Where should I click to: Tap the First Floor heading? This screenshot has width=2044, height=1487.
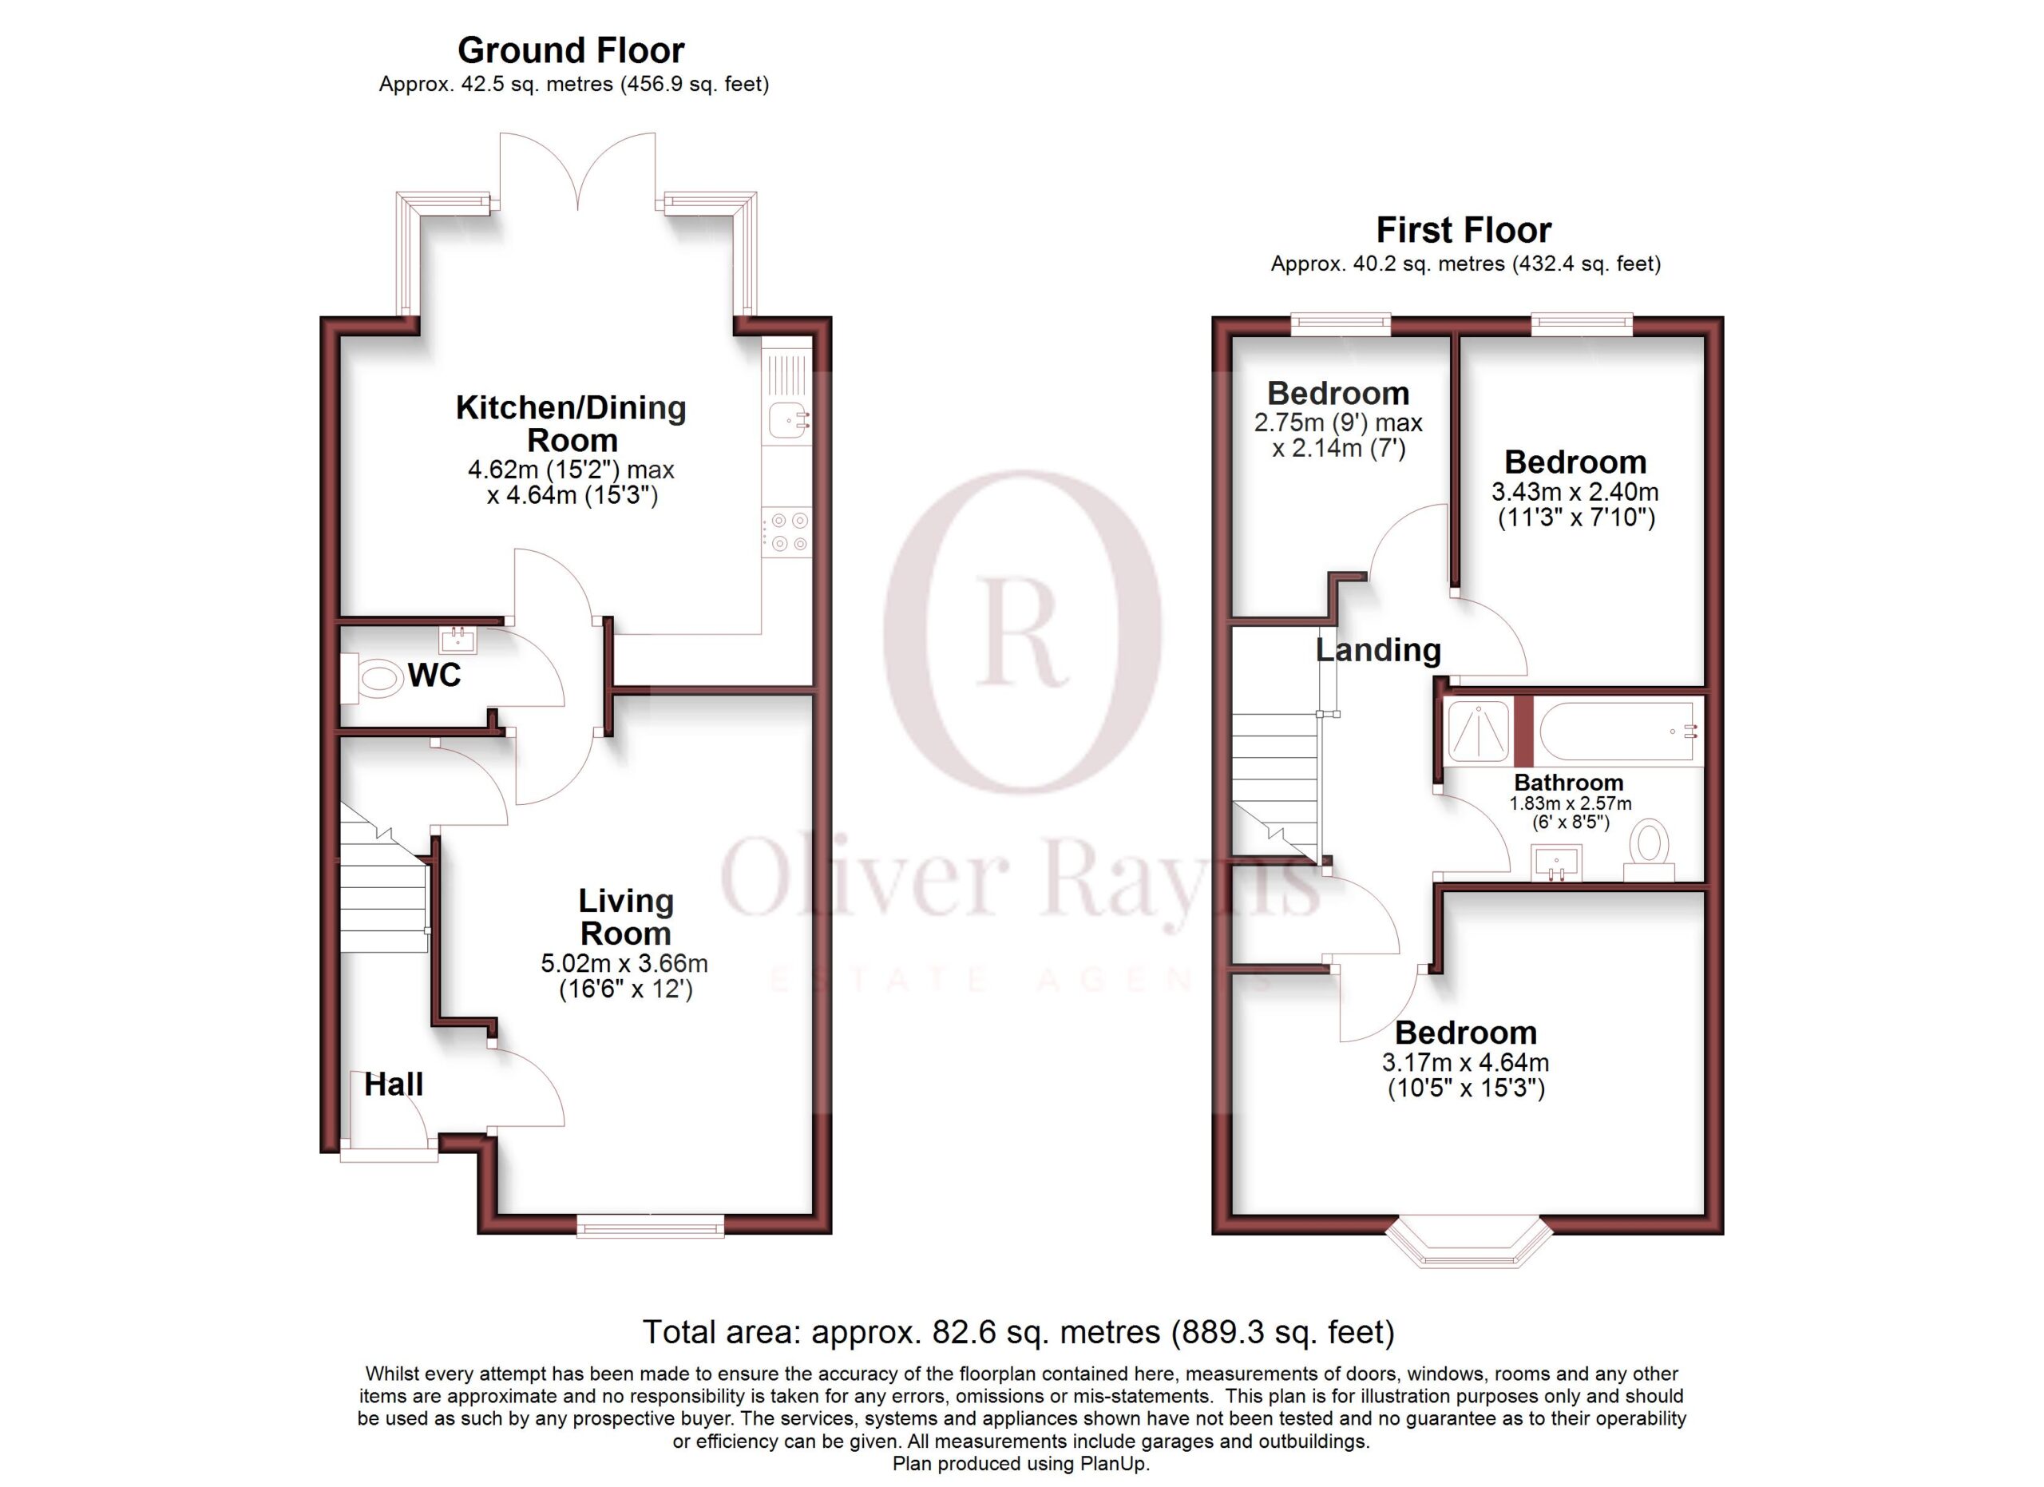tap(1464, 231)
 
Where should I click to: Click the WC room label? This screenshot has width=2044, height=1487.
tap(434, 675)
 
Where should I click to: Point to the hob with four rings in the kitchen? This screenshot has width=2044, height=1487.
tap(786, 532)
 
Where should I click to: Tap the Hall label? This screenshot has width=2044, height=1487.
tap(394, 1085)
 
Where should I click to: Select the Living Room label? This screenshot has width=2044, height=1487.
tap(625, 917)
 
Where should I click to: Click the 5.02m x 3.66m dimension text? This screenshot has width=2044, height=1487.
tap(624, 963)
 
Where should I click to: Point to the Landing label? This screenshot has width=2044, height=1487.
tap(1378, 650)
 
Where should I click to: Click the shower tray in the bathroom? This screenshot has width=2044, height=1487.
tap(1478, 730)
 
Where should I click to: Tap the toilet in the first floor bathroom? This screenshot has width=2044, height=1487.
tap(1650, 849)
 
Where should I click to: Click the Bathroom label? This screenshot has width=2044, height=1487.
tap(1569, 783)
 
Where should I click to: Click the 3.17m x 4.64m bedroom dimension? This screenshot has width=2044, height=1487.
tap(1465, 1062)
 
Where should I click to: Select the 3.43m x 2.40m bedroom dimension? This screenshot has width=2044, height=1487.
tap(1575, 492)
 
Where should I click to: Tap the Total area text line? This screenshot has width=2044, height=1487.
tap(1018, 1332)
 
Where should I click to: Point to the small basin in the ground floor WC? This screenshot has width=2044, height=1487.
tap(458, 640)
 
